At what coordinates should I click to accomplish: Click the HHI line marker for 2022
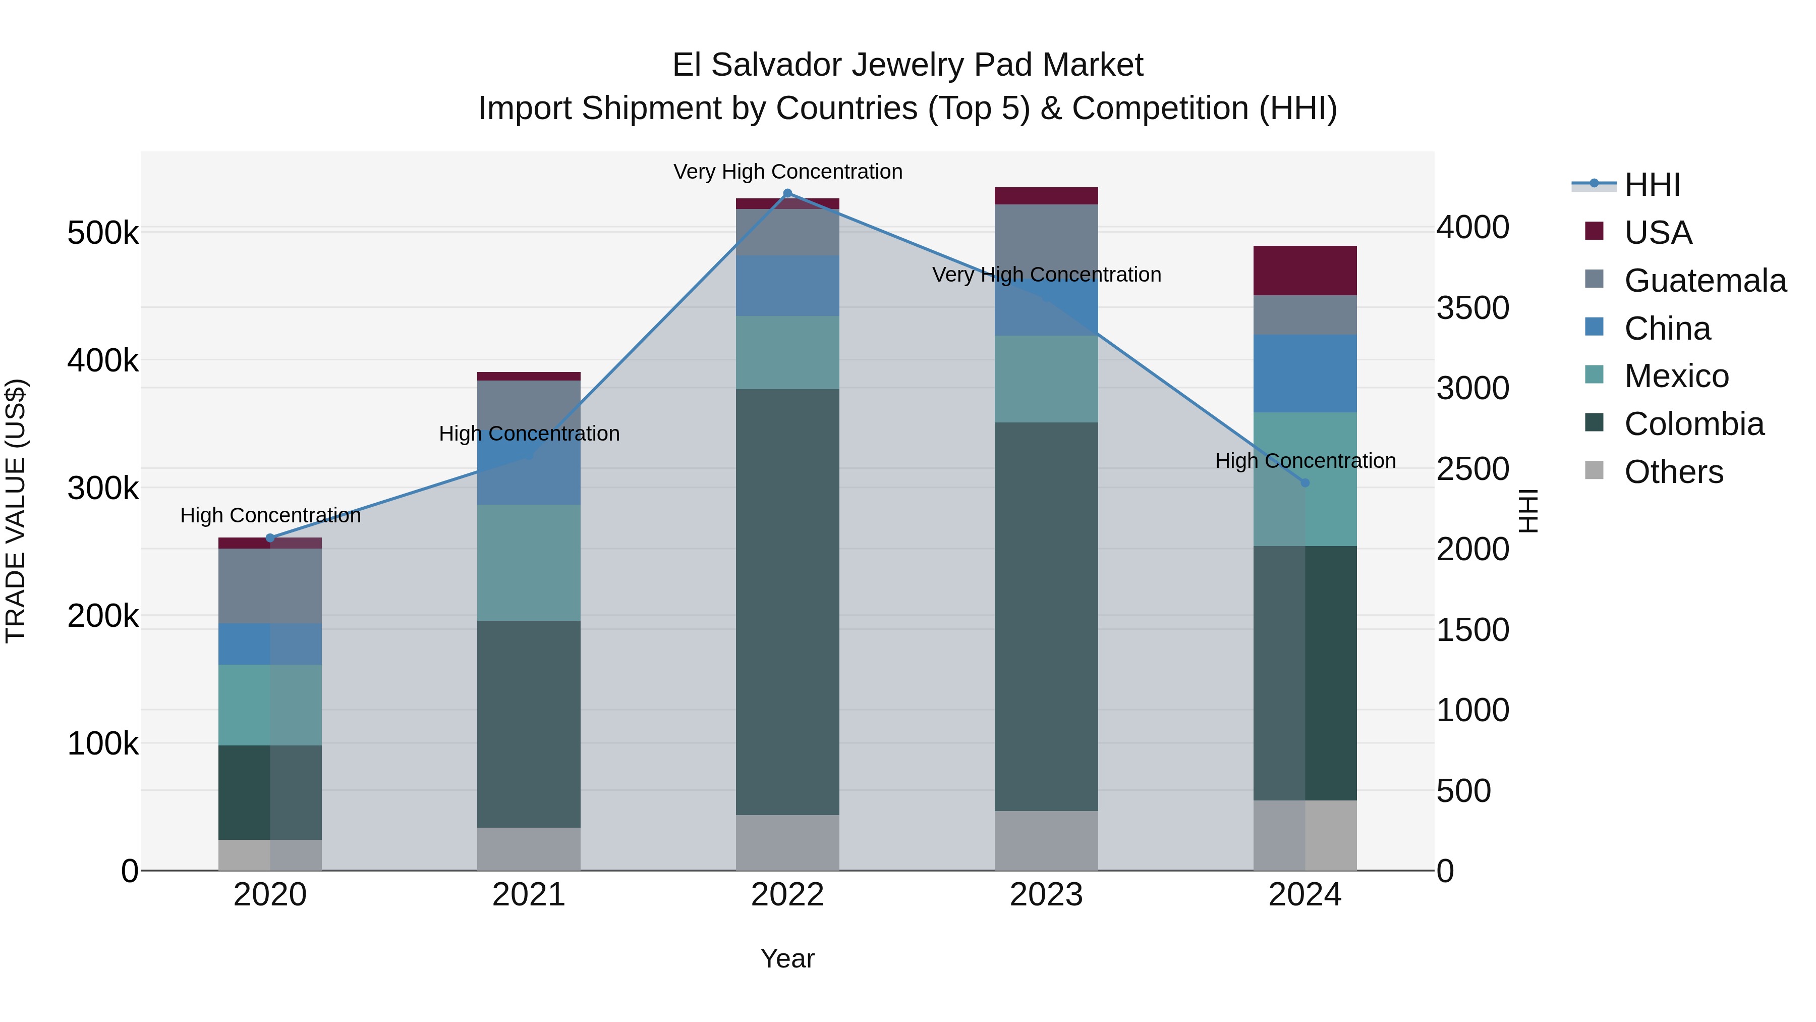tap(787, 193)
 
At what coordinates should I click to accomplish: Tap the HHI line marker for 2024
tap(1305, 482)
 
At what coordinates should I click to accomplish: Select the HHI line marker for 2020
tap(270, 538)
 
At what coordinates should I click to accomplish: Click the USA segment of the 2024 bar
tap(1305, 271)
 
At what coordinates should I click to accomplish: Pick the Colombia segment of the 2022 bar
tap(787, 601)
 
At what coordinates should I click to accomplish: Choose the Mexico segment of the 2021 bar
tap(529, 562)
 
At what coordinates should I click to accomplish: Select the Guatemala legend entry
tap(1705, 280)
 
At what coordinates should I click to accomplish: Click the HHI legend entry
tap(1652, 185)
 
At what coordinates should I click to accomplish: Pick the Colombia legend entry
tap(1693, 424)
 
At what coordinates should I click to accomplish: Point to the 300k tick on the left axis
tap(103, 488)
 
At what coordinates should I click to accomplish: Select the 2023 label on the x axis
tap(1046, 895)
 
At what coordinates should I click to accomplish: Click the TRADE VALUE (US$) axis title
tap(16, 511)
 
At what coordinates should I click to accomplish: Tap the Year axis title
tap(787, 958)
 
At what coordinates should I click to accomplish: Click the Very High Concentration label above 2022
tap(787, 172)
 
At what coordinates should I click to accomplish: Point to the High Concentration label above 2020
tap(270, 516)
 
